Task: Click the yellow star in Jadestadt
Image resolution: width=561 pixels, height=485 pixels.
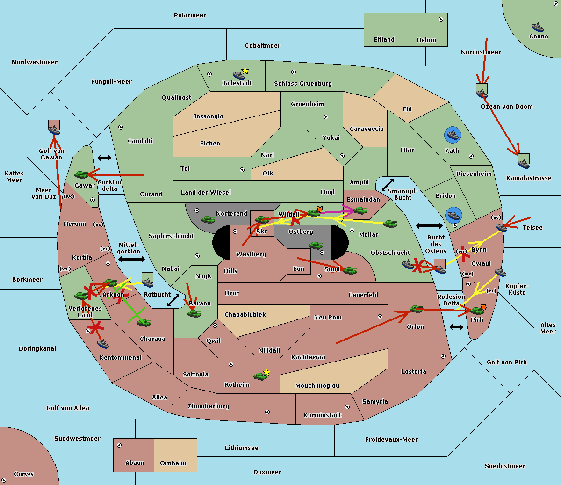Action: click(245, 71)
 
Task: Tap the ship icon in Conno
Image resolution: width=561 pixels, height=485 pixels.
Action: click(538, 27)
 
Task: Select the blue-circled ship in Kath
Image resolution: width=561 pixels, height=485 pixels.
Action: click(453, 136)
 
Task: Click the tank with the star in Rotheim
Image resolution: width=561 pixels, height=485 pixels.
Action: click(260, 376)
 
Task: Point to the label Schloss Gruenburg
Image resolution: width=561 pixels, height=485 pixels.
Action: click(302, 84)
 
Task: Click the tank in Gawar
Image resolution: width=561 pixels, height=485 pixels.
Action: click(81, 175)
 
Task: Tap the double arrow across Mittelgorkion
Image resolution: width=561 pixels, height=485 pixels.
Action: click(132, 259)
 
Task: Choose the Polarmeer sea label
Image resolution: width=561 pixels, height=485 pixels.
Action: click(190, 15)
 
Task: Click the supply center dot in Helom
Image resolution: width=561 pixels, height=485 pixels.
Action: click(440, 19)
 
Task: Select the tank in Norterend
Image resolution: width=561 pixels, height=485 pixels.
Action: click(208, 219)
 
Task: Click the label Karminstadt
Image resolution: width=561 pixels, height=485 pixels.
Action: click(323, 415)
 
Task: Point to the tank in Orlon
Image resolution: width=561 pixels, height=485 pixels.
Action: click(416, 309)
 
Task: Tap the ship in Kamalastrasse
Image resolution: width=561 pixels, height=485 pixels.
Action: click(524, 162)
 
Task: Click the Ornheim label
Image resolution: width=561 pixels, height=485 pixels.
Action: click(173, 463)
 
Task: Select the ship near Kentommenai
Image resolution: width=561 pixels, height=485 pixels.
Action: click(103, 344)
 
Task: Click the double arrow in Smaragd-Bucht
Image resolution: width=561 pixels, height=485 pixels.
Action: click(388, 185)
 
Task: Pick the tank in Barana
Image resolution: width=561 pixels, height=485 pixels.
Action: click(194, 314)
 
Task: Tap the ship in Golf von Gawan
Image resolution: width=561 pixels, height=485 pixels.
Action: click(54, 127)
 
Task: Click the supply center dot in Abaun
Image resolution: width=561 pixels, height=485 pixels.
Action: click(119, 445)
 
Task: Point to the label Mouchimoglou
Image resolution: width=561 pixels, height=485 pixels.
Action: click(317, 386)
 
